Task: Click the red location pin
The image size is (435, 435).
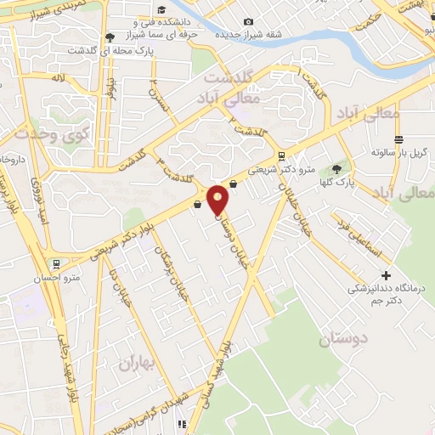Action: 218,199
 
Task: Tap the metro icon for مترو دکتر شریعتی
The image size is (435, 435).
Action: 281,155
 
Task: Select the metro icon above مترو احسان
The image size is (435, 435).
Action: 56,263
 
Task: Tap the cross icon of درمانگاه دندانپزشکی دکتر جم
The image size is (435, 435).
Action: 387,275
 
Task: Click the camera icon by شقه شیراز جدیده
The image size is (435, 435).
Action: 248,21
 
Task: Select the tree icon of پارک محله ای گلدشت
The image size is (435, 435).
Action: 110,37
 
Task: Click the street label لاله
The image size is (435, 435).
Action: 57,79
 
